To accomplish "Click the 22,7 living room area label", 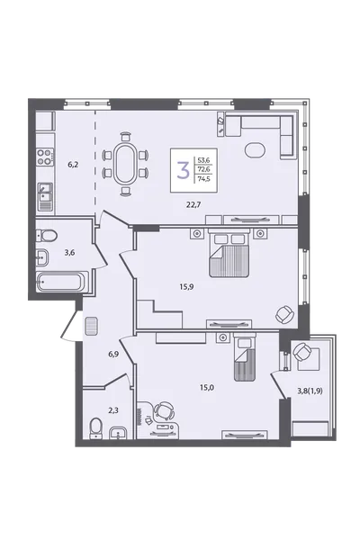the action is tap(193, 204).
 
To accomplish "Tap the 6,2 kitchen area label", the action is tap(73, 165).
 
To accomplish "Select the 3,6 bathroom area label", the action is tap(69, 252).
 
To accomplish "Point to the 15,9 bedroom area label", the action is tap(186, 286).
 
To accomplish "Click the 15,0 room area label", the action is tap(207, 387).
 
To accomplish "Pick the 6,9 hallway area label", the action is tap(113, 354).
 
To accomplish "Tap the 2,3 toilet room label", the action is tap(113, 410).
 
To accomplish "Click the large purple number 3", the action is tap(184, 170).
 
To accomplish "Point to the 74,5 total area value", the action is tap(203, 178).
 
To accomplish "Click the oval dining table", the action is tap(125, 164).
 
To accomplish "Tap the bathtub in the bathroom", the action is tap(62, 282).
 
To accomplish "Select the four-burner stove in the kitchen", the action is tap(45, 157).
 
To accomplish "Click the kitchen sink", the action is tap(45, 192).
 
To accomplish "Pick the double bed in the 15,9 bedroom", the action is tap(229, 256).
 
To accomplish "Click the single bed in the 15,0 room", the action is tap(245, 359).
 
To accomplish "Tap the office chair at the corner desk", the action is tap(164, 410).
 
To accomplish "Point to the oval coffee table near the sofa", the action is tap(255, 150).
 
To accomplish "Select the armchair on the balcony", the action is tap(303, 352).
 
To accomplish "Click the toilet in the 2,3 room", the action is tap(95, 428).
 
